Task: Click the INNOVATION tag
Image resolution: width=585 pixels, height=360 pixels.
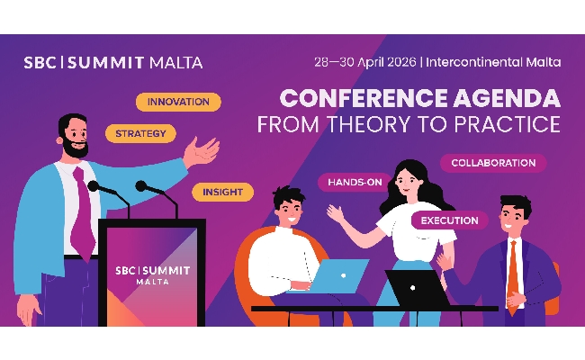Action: [178, 102]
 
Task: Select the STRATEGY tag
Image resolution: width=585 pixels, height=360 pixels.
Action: [140, 134]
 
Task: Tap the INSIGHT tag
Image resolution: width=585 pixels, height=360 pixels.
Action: [222, 192]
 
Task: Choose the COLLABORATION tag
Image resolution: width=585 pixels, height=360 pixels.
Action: [492, 163]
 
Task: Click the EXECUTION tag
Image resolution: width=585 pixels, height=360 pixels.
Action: [450, 220]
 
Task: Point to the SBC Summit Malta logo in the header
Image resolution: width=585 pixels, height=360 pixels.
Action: [113, 63]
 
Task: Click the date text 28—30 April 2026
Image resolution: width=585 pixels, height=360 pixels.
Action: [364, 63]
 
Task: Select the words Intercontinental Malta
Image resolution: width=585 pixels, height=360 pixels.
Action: [494, 63]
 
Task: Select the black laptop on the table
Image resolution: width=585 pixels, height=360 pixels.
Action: [417, 287]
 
